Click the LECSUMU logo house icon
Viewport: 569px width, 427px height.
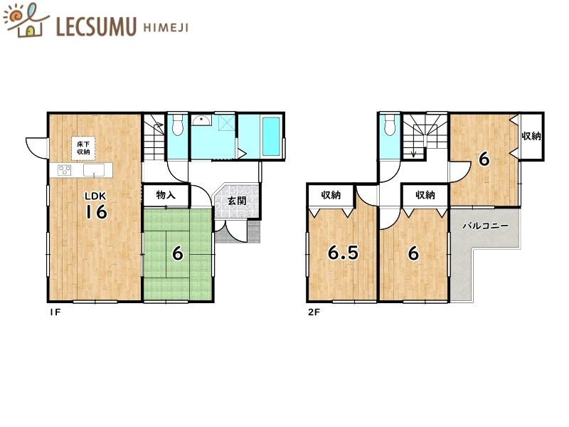26,21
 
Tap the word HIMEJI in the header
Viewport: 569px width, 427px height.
166,28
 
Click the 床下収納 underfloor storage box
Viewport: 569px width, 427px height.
83,148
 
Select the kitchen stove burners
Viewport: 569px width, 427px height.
65,170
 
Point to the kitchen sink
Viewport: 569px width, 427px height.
94,170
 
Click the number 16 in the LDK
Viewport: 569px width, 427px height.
96,211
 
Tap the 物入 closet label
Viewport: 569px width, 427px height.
166,195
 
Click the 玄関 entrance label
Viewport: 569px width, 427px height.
237,201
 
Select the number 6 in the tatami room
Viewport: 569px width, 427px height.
177,253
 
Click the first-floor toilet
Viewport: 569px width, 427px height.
177,125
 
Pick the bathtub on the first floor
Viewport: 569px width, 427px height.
271,136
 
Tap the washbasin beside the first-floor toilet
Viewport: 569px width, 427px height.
201,120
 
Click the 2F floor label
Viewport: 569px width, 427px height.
314,312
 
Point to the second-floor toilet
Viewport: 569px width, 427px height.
390,125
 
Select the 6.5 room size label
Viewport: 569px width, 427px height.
343,253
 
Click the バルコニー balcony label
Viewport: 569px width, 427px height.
485,226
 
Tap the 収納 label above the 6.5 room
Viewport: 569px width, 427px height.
331,195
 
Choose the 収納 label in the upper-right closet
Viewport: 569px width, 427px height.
531,136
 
